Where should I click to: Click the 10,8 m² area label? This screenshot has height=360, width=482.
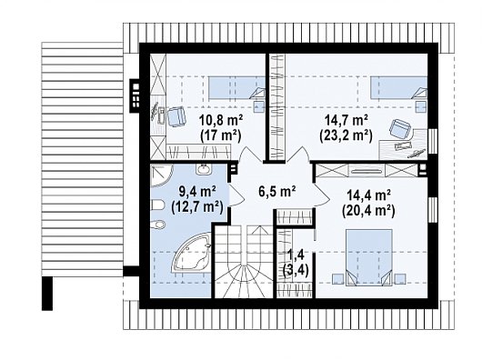click(220, 120)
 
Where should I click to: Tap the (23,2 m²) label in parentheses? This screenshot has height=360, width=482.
click(346, 135)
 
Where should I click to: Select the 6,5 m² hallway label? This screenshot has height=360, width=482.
click(277, 192)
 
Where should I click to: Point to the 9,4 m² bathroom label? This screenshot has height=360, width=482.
click(196, 193)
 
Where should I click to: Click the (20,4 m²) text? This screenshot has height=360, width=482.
click(368, 211)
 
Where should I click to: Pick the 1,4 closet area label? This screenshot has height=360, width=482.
click(295, 255)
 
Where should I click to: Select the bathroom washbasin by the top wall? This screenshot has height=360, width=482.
click(203, 169)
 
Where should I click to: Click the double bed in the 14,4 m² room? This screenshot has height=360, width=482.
click(369, 257)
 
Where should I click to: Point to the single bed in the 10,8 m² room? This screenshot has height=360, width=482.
click(236, 88)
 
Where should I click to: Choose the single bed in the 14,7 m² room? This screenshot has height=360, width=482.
click(398, 88)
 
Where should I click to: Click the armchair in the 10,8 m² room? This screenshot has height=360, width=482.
click(176, 116)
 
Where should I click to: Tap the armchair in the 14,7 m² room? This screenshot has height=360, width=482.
click(400, 129)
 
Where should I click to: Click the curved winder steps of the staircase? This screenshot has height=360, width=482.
click(244, 279)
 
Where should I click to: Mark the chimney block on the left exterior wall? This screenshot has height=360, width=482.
click(135, 95)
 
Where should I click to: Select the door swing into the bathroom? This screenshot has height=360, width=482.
click(236, 195)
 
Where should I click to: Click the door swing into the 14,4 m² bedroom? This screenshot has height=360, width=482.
click(322, 195)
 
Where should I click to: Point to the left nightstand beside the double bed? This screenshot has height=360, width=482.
click(338, 278)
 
